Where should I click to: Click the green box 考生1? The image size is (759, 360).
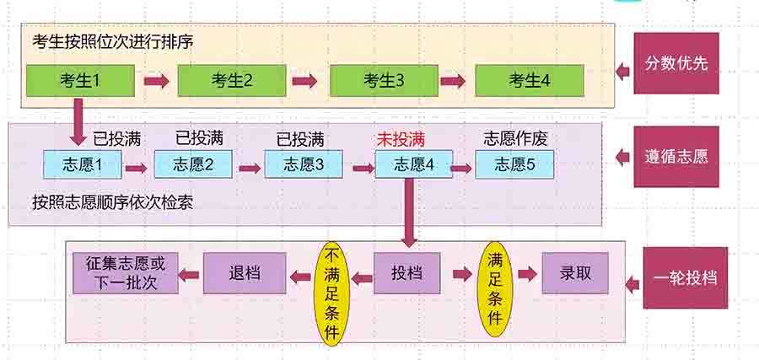(x=80, y=81)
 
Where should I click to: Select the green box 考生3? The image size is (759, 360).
(x=385, y=81)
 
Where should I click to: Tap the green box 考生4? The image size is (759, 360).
(x=530, y=81)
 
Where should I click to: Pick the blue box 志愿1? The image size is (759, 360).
(x=83, y=164)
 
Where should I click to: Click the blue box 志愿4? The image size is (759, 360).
(x=413, y=164)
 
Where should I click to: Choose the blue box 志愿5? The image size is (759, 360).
(x=514, y=164)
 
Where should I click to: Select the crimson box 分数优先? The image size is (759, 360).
(x=676, y=63)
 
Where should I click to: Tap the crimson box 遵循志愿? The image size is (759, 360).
(x=676, y=156)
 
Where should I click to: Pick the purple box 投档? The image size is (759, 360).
(x=407, y=274)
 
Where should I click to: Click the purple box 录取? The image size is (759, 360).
(x=575, y=273)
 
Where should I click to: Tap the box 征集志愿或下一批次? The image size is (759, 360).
(x=126, y=273)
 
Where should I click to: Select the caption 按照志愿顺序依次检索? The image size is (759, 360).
(x=113, y=203)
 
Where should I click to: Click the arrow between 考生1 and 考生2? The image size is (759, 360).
(x=157, y=81)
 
